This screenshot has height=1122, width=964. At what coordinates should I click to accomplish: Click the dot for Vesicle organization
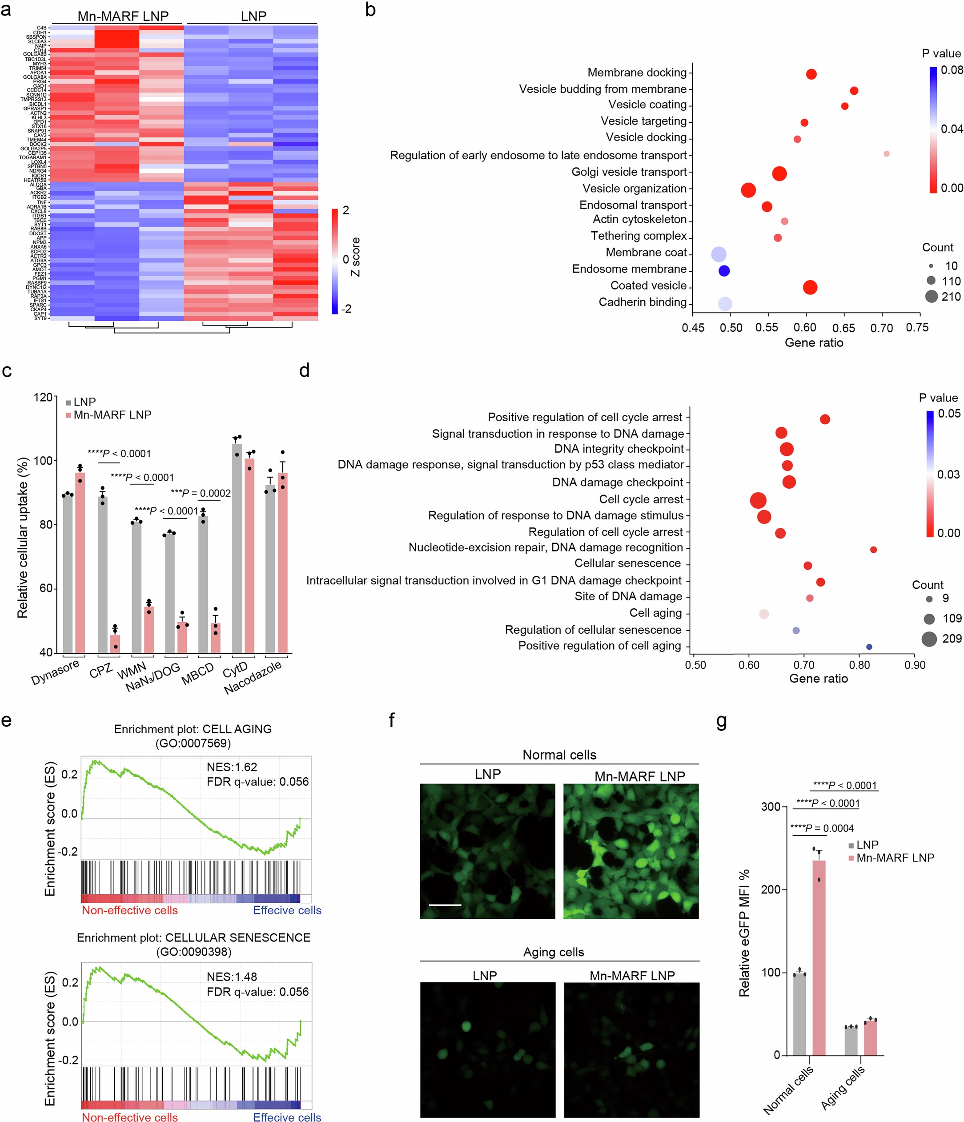[x=748, y=190]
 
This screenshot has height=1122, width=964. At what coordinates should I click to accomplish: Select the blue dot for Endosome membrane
[x=723, y=271]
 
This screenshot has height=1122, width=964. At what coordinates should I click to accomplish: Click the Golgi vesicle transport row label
[x=629, y=172]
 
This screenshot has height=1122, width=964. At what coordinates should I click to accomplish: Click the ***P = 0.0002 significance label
[x=201, y=493]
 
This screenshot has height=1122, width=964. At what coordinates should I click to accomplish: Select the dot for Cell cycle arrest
[x=758, y=500]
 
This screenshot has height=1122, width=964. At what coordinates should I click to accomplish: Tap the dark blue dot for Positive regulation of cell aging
[x=869, y=647]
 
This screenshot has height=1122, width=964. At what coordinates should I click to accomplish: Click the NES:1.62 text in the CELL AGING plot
[x=232, y=767]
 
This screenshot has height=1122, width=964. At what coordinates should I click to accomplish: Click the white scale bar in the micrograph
[x=445, y=905]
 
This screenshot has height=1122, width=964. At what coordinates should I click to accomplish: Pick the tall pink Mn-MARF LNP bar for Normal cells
[x=818, y=957]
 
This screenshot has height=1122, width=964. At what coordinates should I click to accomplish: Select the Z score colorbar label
[x=356, y=257]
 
